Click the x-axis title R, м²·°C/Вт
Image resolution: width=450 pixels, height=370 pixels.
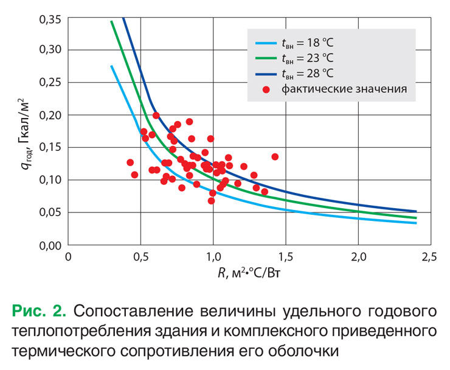point(249,274)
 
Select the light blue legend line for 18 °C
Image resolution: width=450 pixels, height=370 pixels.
point(265,43)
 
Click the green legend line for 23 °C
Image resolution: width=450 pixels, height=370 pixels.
point(265,58)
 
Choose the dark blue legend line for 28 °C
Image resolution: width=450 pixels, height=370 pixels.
point(265,74)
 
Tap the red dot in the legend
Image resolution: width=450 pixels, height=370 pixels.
point(266,89)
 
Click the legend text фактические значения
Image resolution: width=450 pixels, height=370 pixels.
point(344,89)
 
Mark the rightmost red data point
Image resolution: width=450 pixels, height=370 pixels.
point(275,156)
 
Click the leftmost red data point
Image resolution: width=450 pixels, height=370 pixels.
point(130,162)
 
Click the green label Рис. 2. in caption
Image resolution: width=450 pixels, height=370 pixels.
point(40,311)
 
